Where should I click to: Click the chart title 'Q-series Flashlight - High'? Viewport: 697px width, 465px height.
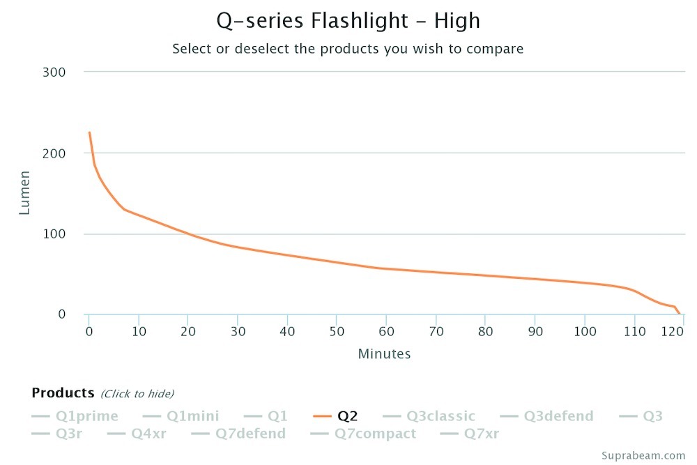pyautogui.click(x=348, y=21)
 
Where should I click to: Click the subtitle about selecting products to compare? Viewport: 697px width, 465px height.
pyautogui.click(x=348, y=49)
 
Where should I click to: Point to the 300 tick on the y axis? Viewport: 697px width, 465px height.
pyautogui.click(x=55, y=72)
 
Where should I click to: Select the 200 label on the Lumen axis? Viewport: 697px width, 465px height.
pyautogui.click(x=55, y=153)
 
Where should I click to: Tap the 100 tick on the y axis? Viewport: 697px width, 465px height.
pyautogui.click(x=55, y=234)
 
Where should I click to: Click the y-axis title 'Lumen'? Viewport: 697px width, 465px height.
pyautogui.click(x=24, y=192)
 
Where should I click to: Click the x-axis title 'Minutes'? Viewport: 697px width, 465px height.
pyautogui.click(x=384, y=354)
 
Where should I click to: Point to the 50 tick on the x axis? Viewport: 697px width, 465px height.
pyautogui.click(x=337, y=331)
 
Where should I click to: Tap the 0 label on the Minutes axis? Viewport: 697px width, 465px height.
pyautogui.click(x=89, y=331)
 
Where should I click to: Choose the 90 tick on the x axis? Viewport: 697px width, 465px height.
pyautogui.click(x=535, y=331)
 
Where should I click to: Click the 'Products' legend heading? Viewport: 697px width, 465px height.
pyautogui.click(x=63, y=393)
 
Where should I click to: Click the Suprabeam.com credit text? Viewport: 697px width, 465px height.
pyautogui.click(x=646, y=455)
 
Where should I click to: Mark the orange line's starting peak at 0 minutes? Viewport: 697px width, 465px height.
pyautogui.click(x=89, y=132)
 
